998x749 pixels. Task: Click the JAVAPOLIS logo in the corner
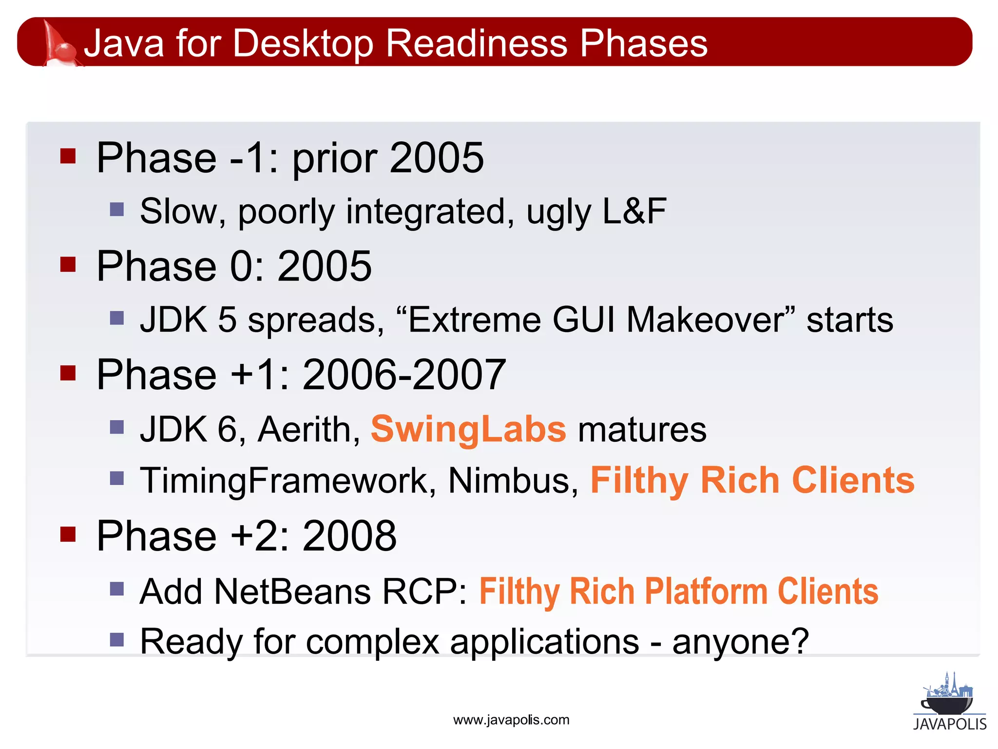tap(949, 702)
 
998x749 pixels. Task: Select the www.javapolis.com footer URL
tap(511, 720)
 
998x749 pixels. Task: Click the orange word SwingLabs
tap(468, 430)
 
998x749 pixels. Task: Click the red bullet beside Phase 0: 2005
tap(68, 264)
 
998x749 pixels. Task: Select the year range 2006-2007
tap(404, 374)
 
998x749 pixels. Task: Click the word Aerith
tap(308, 430)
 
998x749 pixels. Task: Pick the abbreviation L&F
tap(634, 211)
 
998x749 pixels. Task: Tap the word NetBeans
tap(292, 591)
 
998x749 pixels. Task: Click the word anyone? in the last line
tap(741, 642)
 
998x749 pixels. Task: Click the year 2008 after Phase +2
tap(349, 536)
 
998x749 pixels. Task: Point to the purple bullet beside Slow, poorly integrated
tap(117, 210)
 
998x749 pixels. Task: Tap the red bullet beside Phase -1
tap(68, 156)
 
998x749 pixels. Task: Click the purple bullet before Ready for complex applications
tap(117, 639)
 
